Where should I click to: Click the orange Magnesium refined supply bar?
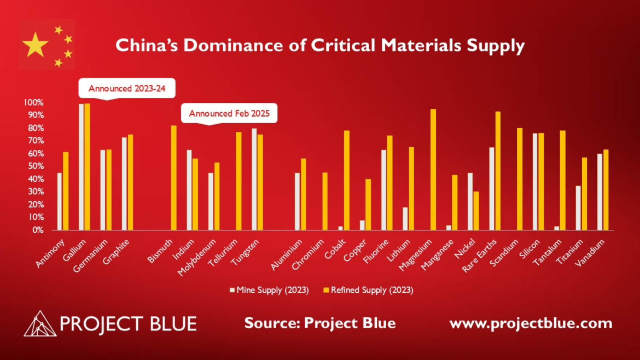(433, 170)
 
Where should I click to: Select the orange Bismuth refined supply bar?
(173, 178)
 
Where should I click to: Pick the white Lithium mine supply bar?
(405, 219)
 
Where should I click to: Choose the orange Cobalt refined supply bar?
(347, 181)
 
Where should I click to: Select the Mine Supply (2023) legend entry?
(269, 290)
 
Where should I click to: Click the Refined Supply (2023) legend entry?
(369, 290)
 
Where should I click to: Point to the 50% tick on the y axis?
(33, 166)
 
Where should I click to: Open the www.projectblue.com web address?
(531, 323)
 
